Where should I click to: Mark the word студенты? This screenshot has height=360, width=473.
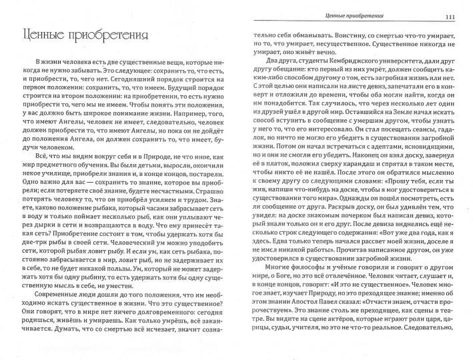point(298,77)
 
